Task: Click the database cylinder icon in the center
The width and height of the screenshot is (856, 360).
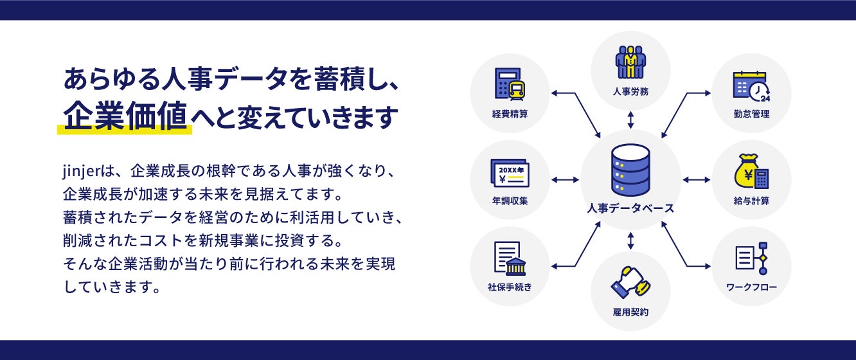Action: [630, 170]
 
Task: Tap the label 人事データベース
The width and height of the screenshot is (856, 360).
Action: [630, 208]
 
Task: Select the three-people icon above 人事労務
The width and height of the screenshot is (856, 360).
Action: [630, 62]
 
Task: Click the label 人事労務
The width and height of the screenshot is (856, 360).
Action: [630, 91]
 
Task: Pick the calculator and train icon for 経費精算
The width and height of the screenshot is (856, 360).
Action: [510, 84]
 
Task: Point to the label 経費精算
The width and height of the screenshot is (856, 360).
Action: [510, 114]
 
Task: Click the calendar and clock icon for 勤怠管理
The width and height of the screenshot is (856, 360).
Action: [751, 85]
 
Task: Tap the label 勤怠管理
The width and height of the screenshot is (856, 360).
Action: [751, 114]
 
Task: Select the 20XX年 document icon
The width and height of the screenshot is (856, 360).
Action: [510, 172]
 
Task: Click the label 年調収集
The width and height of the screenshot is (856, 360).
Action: [510, 201]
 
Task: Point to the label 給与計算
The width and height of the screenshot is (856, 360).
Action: [751, 201]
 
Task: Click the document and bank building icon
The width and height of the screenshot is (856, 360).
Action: [510, 258]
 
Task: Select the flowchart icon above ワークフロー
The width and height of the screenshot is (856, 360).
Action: [751, 258]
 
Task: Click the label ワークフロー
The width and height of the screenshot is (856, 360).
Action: [751, 287]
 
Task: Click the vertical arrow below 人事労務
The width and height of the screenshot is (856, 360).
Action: [630, 120]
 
